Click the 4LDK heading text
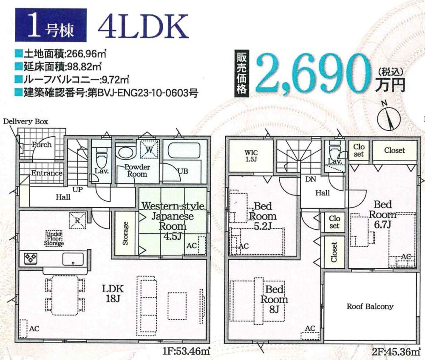pos(143,26)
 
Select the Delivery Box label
pos(26,121)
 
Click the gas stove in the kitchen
pos(31,258)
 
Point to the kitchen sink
pos(73,259)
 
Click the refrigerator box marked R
pos(78,221)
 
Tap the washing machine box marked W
pos(149,149)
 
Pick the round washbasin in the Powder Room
pos(125,152)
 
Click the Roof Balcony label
pos(370,307)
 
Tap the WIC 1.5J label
pos(251,156)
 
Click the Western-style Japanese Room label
pos(173,221)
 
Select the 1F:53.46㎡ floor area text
pos(187,352)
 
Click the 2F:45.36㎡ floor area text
pos(396,352)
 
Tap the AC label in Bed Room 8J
pos(310,328)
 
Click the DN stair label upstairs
pos(311,179)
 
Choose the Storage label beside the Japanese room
pos(125,233)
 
